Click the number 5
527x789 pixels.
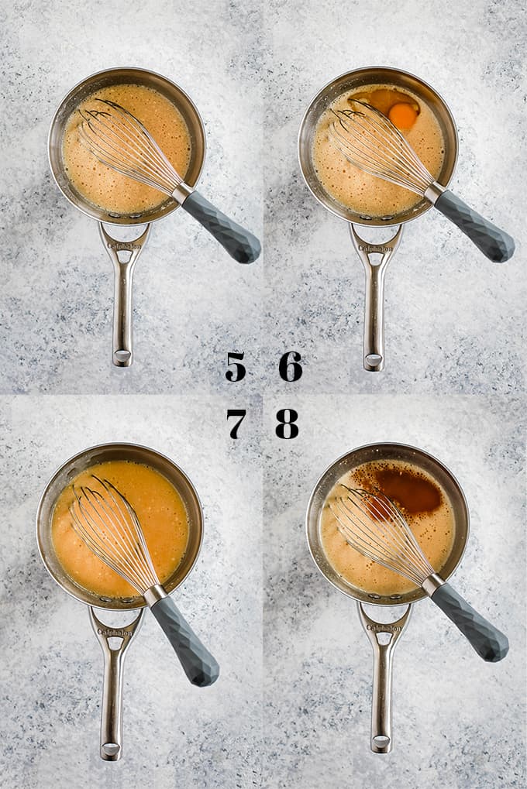[236, 366]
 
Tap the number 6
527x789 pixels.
[291, 366]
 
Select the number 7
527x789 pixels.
[236, 424]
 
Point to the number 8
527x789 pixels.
[287, 424]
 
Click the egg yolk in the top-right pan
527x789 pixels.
[403, 115]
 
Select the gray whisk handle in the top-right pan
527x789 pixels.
[474, 227]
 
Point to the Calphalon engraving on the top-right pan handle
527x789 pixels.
[376, 248]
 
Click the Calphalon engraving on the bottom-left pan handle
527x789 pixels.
[115, 631]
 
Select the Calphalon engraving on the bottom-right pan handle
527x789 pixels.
[384, 628]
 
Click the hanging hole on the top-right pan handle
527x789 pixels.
[374, 360]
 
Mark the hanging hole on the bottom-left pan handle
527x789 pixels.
[111, 749]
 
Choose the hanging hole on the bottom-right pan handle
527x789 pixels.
[381, 742]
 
